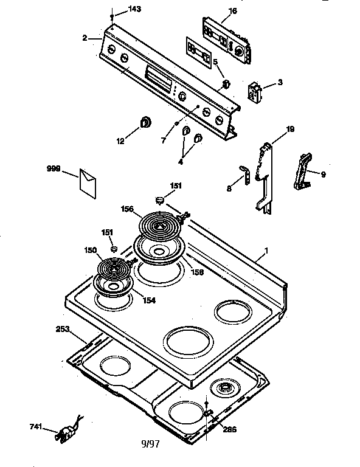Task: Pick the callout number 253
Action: point(63,329)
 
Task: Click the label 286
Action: point(229,429)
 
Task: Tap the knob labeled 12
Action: point(146,122)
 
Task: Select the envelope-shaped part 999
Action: point(87,182)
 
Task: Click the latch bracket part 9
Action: point(302,173)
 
